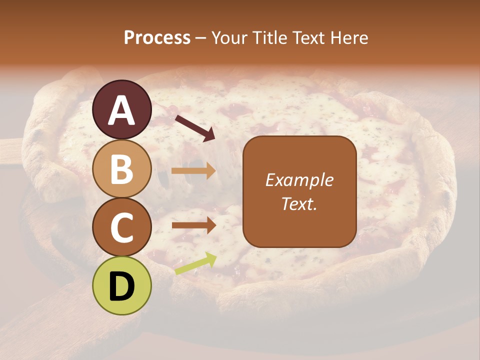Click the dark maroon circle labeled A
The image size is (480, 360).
pos(122,109)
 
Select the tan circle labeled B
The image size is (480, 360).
pos(122,168)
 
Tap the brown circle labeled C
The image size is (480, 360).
pos(122,227)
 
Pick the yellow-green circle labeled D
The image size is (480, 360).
pos(122,285)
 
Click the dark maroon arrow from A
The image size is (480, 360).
pos(195,128)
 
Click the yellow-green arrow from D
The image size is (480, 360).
pos(195,264)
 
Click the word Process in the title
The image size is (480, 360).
pos(157,38)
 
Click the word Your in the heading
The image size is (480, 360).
pos(228,38)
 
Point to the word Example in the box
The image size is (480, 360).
pos(299,180)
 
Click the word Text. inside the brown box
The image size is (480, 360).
pos(299,203)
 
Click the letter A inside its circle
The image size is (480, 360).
pos(122,110)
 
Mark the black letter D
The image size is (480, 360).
pos(122,286)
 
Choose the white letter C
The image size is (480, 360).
pos(122,228)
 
